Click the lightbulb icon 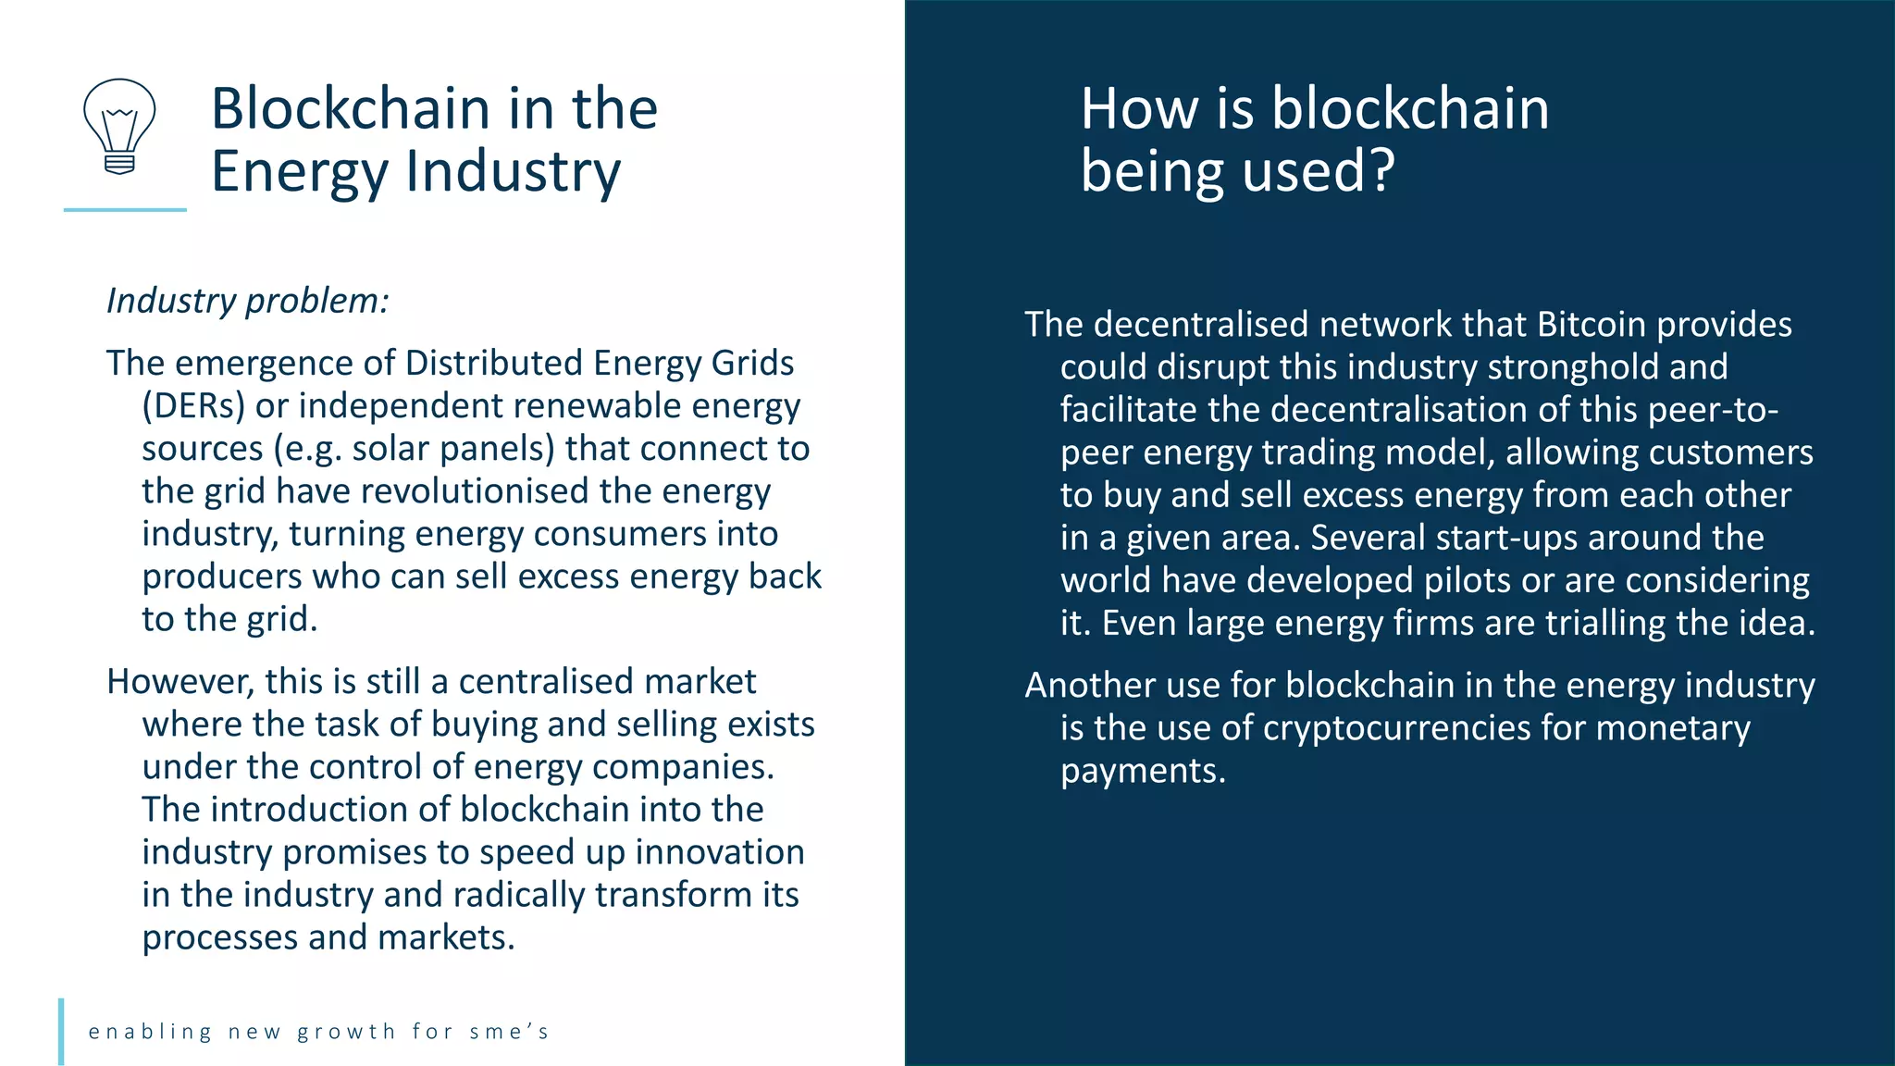click(119, 127)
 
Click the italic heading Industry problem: click(247, 301)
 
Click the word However click(180, 682)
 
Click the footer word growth click(346, 1032)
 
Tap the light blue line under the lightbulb click(125, 210)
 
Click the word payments click(1143, 771)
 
